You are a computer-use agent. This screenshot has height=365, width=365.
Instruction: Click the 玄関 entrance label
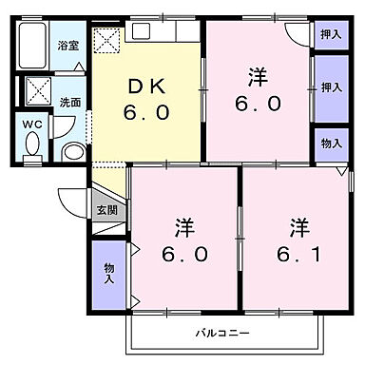pyautogui.click(x=106, y=209)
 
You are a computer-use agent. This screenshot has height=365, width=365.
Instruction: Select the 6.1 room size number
pyautogui.click(x=298, y=254)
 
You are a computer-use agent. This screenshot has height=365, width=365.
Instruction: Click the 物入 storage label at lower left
pyautogui.click(x=108, y=274)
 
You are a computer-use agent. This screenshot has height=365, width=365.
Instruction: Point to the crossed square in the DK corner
pyautogui.click(x=107, y=39)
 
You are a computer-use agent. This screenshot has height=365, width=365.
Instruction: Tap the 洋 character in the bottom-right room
pyautogui.click(x=298, y=228)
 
